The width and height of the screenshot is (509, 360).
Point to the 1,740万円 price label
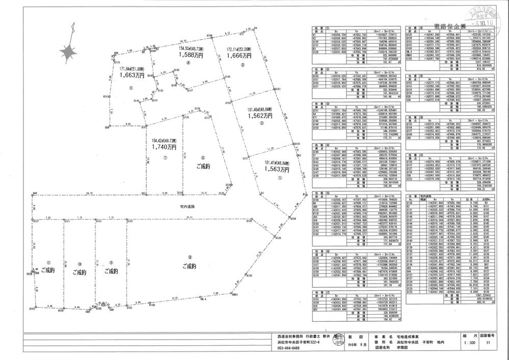(x=164, y=146)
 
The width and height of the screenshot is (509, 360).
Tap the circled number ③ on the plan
(x=243, y=66)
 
